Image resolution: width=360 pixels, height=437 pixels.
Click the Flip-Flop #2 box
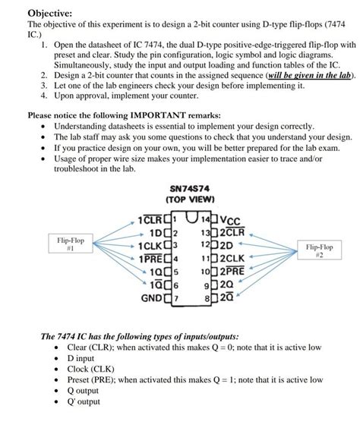(319, 251)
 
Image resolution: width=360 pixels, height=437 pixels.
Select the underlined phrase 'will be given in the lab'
(289, 77)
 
